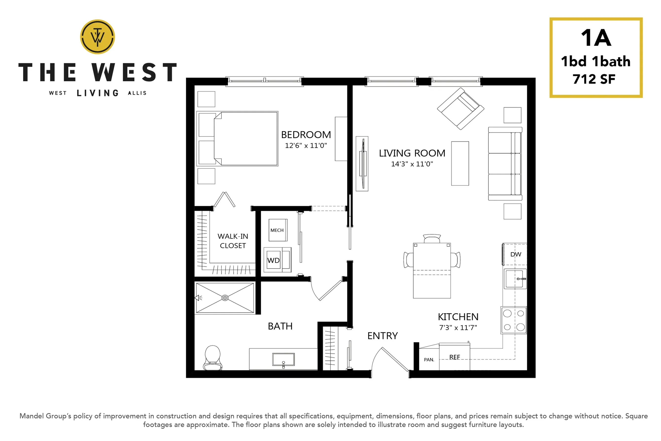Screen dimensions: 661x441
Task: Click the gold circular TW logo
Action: click(x=97, y=37)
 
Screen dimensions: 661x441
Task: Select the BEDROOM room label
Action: click(x=306, y=135)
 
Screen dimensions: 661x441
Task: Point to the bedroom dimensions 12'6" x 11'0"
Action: click(x=306, y=145)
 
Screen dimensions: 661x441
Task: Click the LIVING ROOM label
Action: click(x=412, y=153)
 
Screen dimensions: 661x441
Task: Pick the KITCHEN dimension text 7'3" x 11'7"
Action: click(x=458, y=327)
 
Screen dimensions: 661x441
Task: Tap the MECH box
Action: click(x=278, y=230)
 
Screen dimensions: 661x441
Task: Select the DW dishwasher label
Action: click(x=516, y=254)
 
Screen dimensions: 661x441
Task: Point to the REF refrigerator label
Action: click(x=454, y=357)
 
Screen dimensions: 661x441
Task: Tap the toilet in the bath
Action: click(x=213, y=358)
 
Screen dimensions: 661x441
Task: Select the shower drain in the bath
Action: click(x=225, y=298)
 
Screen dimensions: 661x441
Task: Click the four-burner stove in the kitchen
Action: click(x=514, y=320)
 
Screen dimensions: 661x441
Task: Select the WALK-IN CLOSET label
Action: click(x=233, y=241)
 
